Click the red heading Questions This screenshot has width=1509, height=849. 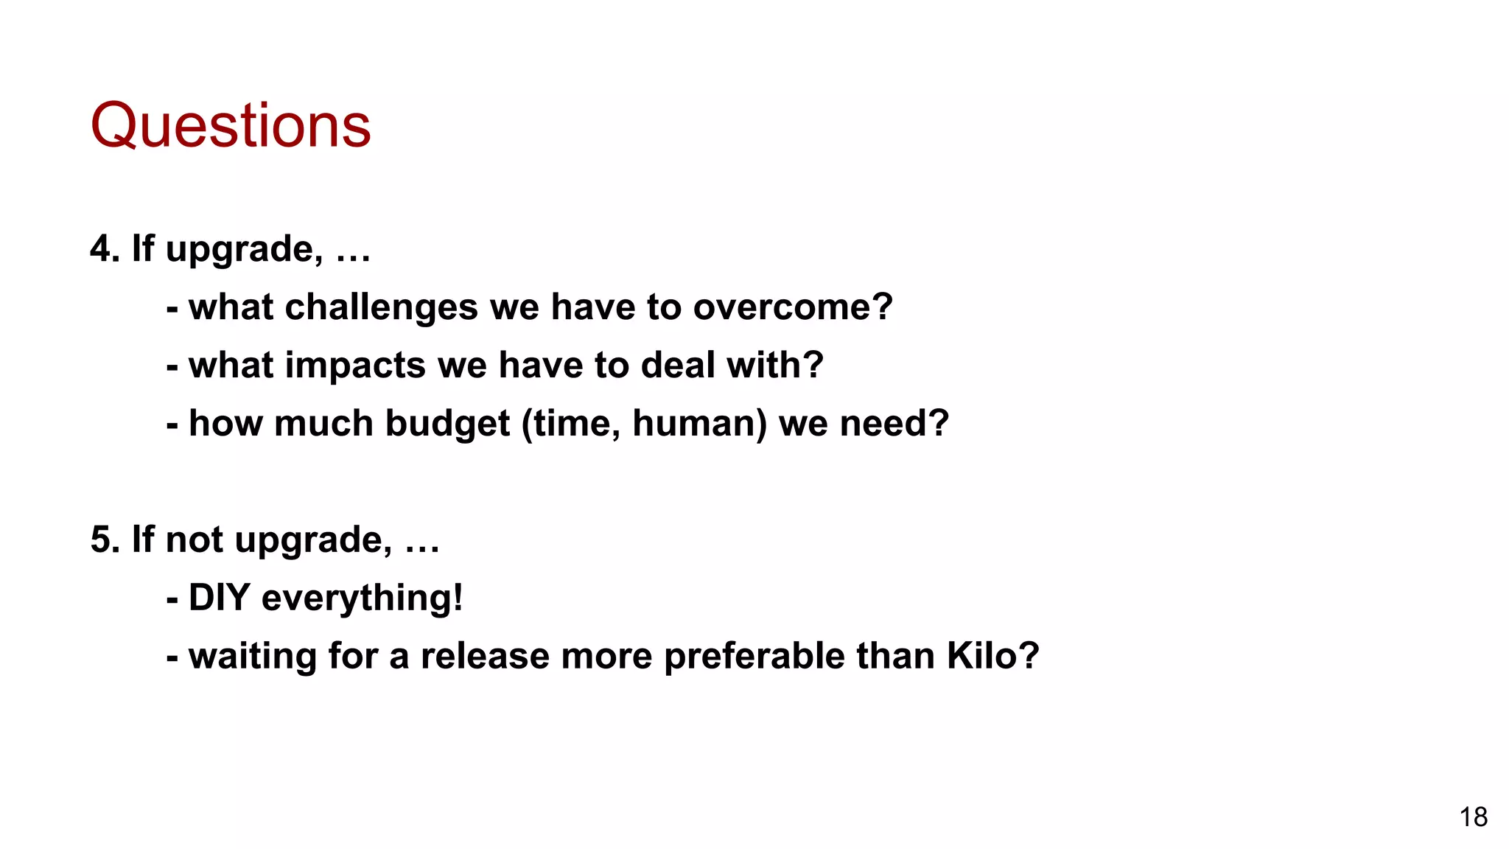231,125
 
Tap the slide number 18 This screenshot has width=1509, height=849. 1474,817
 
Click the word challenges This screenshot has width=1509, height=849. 381,307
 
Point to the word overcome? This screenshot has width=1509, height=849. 793,307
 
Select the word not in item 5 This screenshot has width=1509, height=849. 195,539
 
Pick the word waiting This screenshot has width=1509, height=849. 252,657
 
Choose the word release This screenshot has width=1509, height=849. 485,656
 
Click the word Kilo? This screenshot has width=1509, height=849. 992,656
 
